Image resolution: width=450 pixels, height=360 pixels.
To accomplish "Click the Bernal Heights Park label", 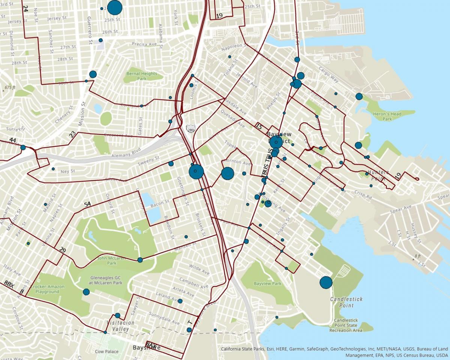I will coord(142,76).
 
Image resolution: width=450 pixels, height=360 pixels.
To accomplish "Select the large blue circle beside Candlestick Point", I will coord(326,282).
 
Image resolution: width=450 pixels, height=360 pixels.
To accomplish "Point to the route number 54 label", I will coord(87,204).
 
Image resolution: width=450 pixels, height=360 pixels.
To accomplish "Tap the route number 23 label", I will coord(72,134).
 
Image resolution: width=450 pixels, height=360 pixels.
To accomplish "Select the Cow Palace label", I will coord(106,351).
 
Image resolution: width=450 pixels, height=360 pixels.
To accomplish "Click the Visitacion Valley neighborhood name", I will coord(120,326).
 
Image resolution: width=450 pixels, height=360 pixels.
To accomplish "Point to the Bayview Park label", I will coord(267,283).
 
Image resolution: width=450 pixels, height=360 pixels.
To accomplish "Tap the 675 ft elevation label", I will coord(10,87).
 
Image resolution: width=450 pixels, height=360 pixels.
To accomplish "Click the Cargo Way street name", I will coord(328,74).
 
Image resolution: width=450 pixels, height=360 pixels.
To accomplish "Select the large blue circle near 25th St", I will coord(115,7).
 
